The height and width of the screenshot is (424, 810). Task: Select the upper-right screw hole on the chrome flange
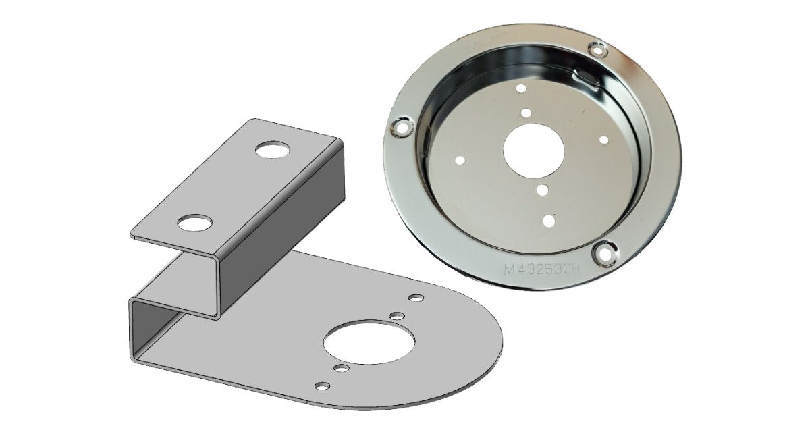coord(596,49)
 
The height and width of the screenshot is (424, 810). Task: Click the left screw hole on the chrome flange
coord(401,126)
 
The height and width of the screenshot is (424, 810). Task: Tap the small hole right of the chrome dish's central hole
coord(603,140)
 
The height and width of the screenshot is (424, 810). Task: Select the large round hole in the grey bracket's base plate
coord(363,340)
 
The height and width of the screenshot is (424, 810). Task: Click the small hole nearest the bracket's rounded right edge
coord(416,298)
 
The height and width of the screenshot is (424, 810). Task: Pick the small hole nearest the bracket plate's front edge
coord(323,385)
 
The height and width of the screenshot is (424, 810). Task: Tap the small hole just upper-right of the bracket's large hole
coord(397,315)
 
